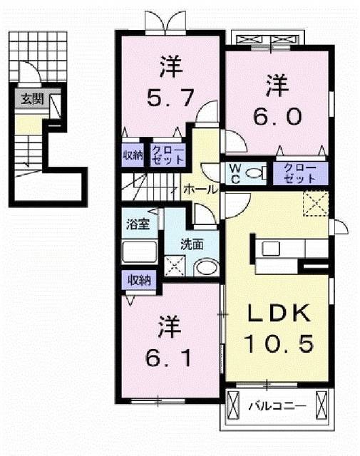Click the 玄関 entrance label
click(x=29, y=99)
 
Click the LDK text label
click(x=278, y=314)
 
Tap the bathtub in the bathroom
click(x=138, y=253)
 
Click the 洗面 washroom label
click(x=192, y=243)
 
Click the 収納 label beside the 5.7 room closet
click(x=133, y=155)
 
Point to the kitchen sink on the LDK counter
click(x=273, y=249)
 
